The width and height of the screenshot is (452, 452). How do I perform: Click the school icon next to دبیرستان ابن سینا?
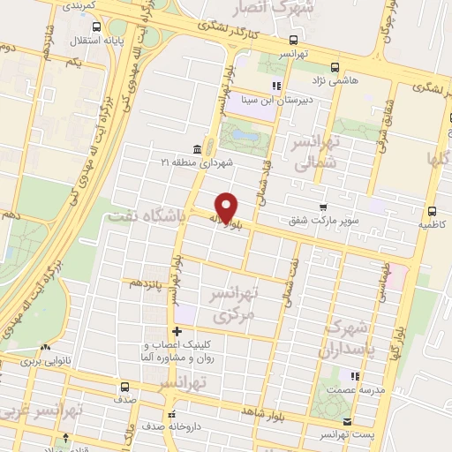(275, 86)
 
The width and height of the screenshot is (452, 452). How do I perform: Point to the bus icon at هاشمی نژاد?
(334, 67)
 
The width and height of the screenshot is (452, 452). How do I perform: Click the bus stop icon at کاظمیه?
(432, 211)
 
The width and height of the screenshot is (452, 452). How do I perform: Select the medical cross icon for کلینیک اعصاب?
(177, 331)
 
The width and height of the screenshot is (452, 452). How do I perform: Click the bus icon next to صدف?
(124, 386)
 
